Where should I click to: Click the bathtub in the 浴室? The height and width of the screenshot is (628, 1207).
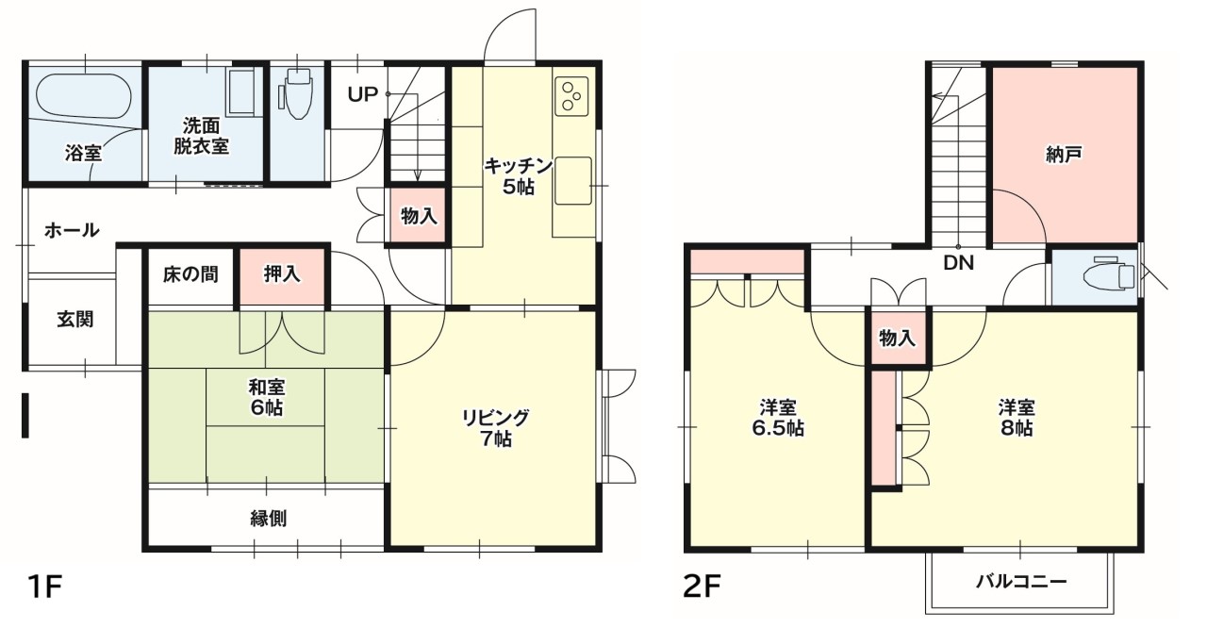84,96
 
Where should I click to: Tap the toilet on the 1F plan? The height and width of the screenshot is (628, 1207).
297,93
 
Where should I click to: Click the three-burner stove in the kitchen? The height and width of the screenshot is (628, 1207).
571,96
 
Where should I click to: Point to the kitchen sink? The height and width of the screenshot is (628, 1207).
573,180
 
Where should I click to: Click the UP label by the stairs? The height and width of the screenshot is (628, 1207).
363,95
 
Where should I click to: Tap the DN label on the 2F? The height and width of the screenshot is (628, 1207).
959,263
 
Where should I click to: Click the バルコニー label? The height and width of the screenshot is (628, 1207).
1021,582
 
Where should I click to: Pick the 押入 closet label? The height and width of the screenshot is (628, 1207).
282,273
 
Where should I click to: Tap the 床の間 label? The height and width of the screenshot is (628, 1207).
190,274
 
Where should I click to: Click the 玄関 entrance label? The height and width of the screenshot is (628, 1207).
74,320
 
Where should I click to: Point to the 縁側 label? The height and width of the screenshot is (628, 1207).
269,518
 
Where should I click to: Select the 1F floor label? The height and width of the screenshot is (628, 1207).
44,587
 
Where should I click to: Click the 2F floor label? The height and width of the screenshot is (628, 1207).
702,587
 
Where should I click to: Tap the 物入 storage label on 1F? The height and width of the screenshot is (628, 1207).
419,217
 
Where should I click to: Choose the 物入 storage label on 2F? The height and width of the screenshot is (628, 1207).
897,339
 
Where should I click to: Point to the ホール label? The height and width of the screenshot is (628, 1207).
72,230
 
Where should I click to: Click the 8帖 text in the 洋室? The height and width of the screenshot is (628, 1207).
1017,429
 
